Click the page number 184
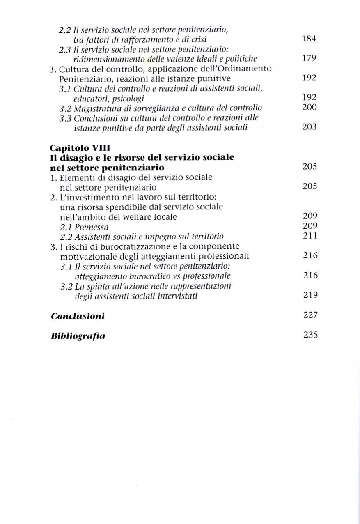point(309,39)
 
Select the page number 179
point(309,58)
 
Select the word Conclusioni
point(78,316)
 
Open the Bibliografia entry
point(78,336)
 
